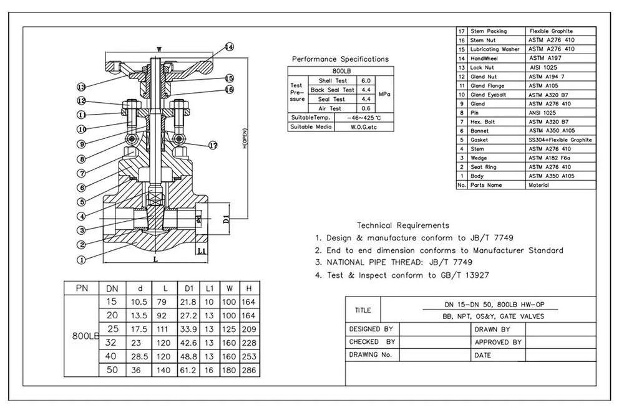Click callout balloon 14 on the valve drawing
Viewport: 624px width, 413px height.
[228, 47]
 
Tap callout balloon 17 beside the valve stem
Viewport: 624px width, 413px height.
[213, 146]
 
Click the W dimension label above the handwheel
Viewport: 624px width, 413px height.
[159, 49]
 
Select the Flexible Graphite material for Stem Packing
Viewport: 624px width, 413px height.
[551, 31]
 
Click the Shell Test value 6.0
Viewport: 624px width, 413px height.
[366, 81]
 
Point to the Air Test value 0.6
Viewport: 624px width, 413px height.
[366, 108]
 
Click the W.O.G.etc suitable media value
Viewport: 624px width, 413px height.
[355, 127]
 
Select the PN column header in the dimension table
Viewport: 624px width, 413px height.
[81, 288]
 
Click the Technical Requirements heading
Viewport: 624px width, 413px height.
[402, 225]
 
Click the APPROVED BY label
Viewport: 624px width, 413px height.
[498, 342]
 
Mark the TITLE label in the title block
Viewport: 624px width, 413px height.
[363, 310]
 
